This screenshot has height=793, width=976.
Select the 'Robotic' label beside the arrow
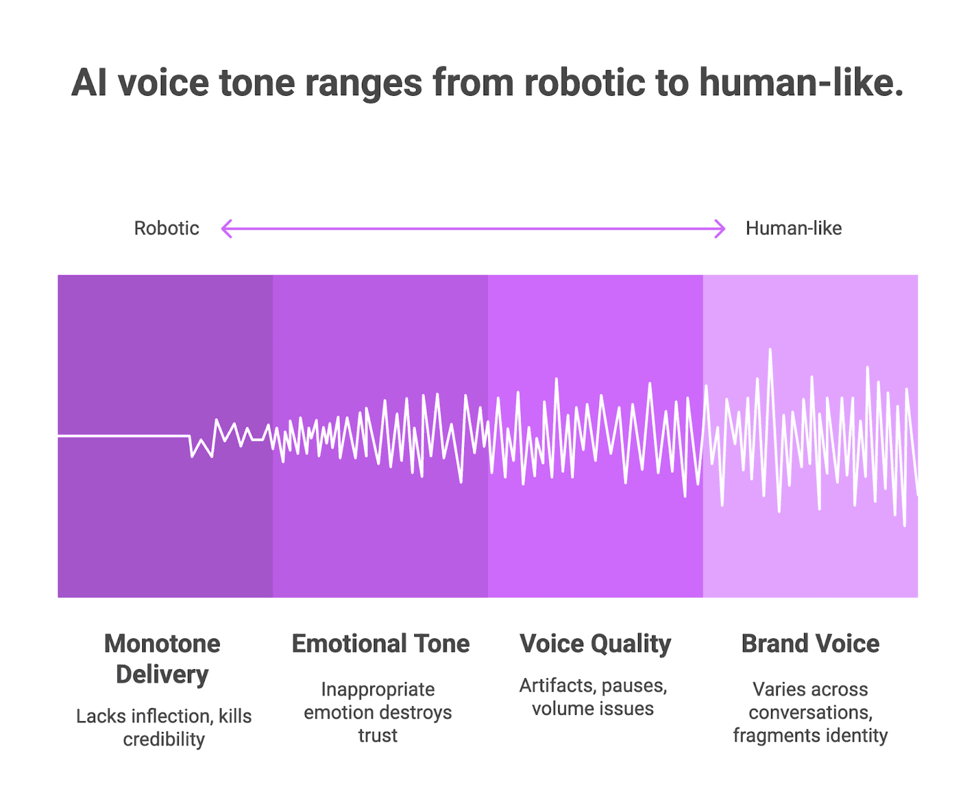coord(167,228)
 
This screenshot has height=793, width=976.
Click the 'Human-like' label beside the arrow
coord(794,228)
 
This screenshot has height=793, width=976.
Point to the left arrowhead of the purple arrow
coord(225,229)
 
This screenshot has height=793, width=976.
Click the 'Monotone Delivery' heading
coord(162,659)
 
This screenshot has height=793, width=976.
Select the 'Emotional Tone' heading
coord(381,643)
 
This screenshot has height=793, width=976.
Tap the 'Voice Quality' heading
coord(595,643)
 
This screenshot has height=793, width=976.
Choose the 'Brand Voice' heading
coord(810,643)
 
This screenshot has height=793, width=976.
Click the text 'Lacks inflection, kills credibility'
coord(163,727)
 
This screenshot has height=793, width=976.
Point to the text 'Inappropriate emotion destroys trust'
coord(378,712)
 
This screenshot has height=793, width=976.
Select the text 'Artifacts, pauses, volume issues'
coord(593,697)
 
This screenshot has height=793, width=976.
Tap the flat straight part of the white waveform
coord(122,436)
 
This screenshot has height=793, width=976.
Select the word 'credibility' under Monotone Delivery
coord(163,739)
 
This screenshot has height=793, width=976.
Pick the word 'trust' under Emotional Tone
coord(378,736)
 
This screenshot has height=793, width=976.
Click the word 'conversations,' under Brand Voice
coord(810,712)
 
